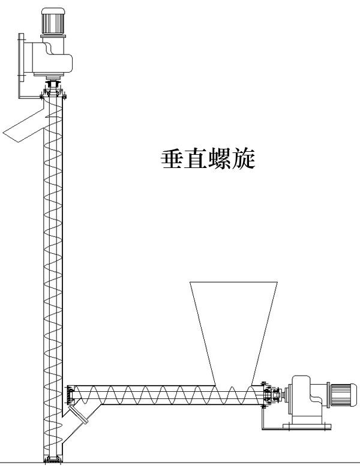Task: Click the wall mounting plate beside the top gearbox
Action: pos(22,58)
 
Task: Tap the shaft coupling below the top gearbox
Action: pos(54,83)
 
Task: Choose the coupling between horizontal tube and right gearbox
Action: pos(275,394)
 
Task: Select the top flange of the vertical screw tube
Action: pos(53,95)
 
